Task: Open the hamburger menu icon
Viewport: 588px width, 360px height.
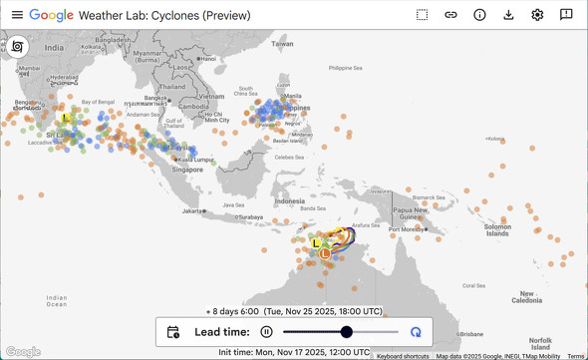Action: [17, 15]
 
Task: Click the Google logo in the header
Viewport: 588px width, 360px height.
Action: [51, 15]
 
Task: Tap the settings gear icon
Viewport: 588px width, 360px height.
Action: [537, 15]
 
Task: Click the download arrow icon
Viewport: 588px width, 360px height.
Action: [508, 15]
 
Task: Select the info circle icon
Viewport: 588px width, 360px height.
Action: [479, 15]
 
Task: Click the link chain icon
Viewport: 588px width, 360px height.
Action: [450, 15]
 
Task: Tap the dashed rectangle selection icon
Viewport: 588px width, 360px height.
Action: [423, 15]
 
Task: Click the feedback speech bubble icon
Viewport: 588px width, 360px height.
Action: [566, 15]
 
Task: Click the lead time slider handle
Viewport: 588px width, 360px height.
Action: [347, 332]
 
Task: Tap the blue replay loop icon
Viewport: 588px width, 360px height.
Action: [416, 332]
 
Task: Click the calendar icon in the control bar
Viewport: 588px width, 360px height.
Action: [173, 332]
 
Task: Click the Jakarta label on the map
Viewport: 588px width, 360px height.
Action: [193, 211]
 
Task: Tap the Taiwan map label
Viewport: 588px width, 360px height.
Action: [283, 44]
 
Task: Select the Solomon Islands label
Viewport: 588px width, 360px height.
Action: [497, 229]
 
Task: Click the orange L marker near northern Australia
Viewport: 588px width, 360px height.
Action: [325, 254]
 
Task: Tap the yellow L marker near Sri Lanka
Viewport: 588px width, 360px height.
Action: [66, 119]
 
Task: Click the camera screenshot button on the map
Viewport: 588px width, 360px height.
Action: [18, 47]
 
